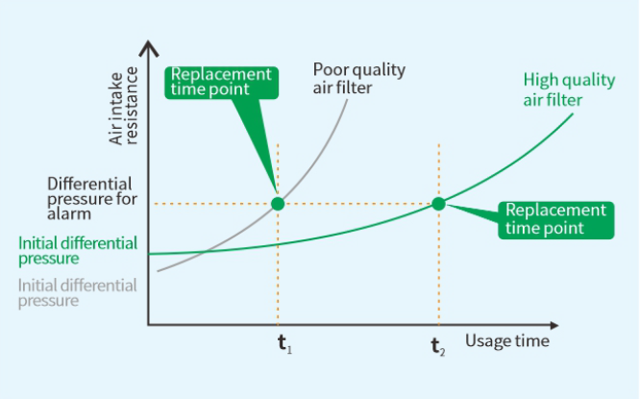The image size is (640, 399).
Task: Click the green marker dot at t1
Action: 278,204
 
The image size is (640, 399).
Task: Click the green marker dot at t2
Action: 438,204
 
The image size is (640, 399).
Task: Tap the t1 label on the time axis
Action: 284,344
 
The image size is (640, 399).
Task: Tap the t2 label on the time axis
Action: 438,347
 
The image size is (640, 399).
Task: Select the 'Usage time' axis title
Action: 507,340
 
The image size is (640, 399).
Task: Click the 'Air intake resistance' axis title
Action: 123,107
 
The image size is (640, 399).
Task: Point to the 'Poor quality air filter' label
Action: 359,79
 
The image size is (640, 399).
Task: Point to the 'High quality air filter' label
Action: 569,89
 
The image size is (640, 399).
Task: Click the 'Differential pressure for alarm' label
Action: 92,198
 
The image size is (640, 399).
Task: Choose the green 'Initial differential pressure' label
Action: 78,250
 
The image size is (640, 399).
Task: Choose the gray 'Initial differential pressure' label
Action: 77,293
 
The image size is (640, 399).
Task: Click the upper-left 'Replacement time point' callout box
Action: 221,83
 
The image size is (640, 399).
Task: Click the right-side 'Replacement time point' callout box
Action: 556,220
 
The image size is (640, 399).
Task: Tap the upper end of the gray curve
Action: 347,100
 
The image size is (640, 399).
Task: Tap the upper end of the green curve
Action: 572,114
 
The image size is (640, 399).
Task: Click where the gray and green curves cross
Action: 206,251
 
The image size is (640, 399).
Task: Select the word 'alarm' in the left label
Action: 69,214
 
